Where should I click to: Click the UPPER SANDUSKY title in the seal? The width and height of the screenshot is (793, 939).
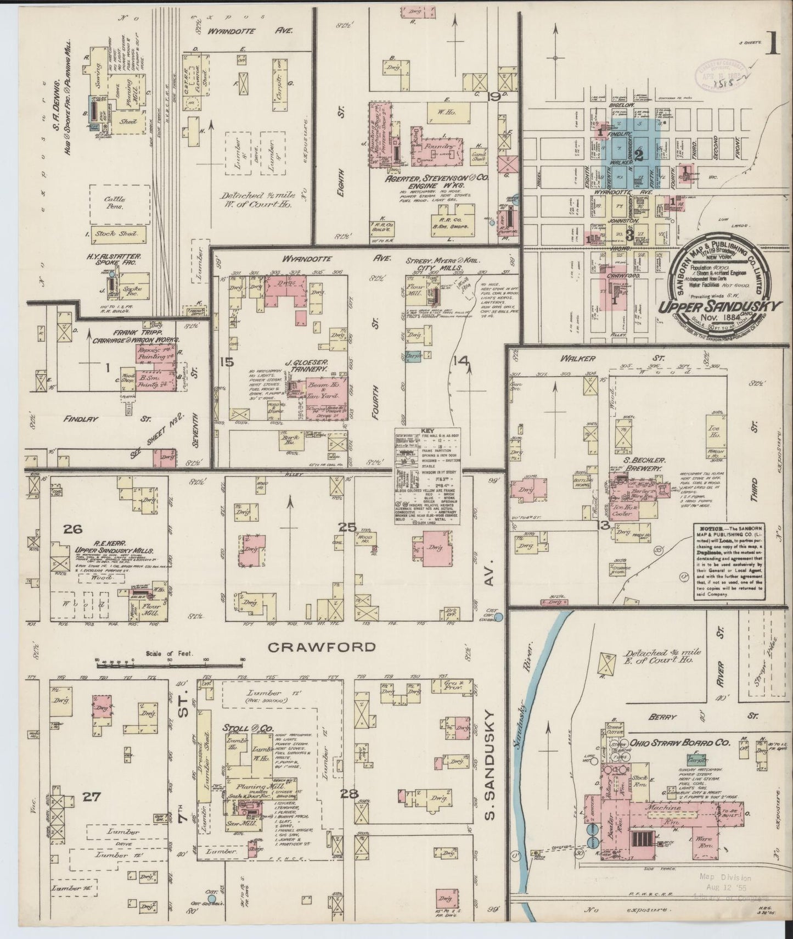tap(720, 307)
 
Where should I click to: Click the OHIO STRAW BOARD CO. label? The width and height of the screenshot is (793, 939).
tap(680, 742)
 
